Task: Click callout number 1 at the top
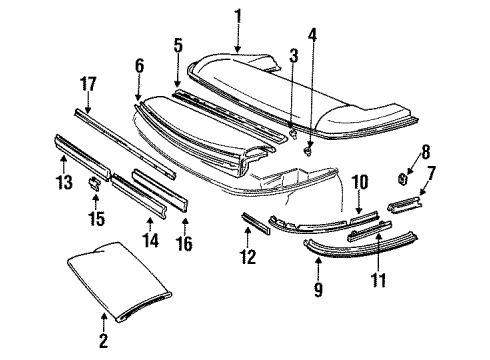click(238, 16)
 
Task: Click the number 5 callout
click(178, 45)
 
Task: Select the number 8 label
click(424, 153)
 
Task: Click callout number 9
click(318, 291)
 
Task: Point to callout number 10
click(359, 183)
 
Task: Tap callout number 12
click(249, 258)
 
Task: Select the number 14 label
click(151, 239)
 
